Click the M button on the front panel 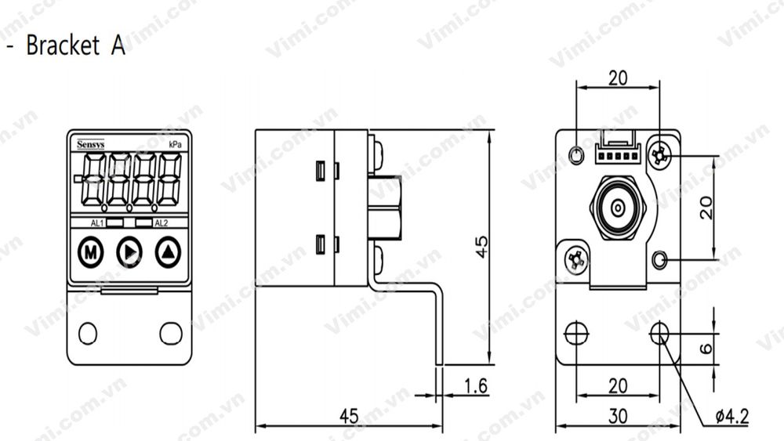[x=91, y=252]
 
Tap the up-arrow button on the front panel [x=168, y=252]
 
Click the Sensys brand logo [x=91, y=145]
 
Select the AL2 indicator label [x=161, y=223]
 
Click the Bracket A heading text [x=74, y=45]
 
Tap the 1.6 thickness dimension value [x=474, y=385]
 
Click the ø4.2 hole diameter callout [x=731, y=416]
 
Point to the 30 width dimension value [x=618, y=417]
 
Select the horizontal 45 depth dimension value [x=348, y=416]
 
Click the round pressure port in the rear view [x=618, y=208]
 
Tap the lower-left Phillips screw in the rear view [x=576, y=260]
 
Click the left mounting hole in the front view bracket [x=88, y=333]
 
